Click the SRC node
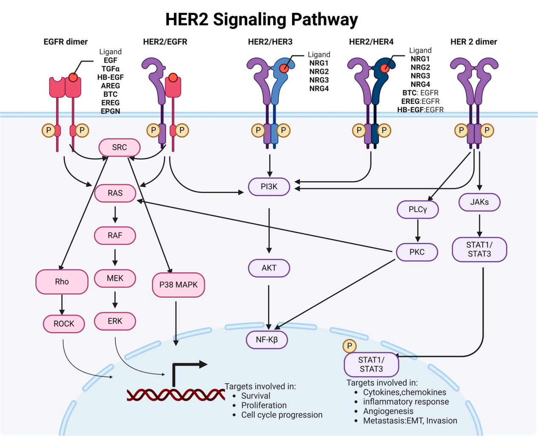coord(120,148)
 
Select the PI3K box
coord(269,187)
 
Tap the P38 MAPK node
coord(179,285)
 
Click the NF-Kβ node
coord(267,340)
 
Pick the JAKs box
coord(479,202)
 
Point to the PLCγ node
coord(418,209)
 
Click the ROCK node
coord(64,324)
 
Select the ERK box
coord(115,321)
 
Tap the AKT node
coord(269,268)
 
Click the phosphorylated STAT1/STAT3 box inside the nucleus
coord(371,365)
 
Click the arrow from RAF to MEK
coord(115,257)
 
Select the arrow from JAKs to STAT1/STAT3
coord(479,225)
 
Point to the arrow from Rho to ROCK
coord(62,304)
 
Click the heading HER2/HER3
coord(270,42)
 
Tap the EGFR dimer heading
coord(65,42)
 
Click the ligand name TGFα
coord(110,69)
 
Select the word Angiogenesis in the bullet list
coord(388,411)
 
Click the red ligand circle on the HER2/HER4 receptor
coord(385,68)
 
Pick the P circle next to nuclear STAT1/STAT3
coord(350,346)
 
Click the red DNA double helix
coord(175,395)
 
